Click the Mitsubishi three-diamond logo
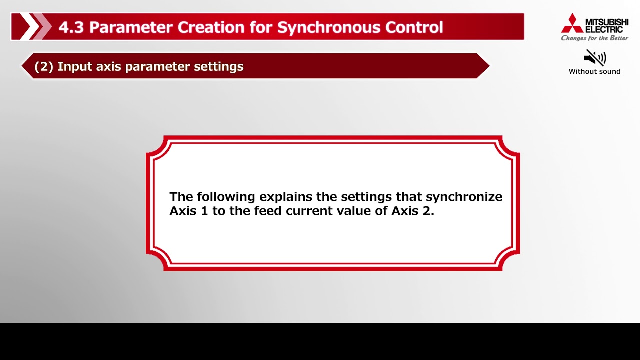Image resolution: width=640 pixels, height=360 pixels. click(572, 23)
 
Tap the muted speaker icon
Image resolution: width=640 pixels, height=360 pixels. click(594, 58)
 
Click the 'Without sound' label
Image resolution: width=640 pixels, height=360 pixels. click(594, 71)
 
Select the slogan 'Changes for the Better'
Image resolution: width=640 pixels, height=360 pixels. click(594, 38)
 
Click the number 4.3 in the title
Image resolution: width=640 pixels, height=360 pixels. click(71, 27)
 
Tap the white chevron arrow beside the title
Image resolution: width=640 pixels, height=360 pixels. click(31, 27)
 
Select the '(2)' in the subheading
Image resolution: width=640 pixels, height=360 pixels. click(44, 66)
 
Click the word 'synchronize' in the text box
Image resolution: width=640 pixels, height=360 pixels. click(464, 197)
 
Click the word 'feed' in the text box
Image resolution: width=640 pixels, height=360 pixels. click(268, 211)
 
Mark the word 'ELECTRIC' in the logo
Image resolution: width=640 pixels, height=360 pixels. click(604, 29)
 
